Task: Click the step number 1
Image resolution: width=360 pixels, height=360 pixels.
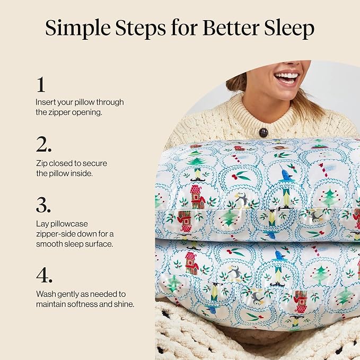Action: tap(41, 84)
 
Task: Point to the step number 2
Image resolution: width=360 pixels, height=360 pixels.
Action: tap(43, 144)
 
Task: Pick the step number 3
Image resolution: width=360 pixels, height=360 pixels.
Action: tap(43, 205)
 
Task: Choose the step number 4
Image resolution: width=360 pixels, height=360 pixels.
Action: tap(44, 275)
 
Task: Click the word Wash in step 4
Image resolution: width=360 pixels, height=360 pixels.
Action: tap(46, 294)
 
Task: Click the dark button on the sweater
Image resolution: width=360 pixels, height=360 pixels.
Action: tap(264, 133)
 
